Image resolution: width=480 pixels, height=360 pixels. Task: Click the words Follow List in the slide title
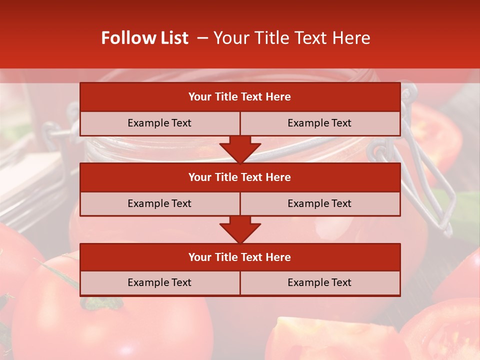pos(144,38)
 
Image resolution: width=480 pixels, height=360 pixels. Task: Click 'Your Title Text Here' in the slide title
pos(291,38)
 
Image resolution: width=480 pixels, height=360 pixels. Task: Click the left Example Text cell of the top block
pos(159,123)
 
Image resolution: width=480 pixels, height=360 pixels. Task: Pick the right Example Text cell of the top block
pos(320,123)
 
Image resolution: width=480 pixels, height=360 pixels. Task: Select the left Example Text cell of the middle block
pos(159,203)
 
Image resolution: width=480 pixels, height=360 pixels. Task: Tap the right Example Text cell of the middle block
pos(320,203)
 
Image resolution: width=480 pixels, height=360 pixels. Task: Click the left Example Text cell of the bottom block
pos(159,282)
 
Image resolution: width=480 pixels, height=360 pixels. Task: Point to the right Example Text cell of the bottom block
pos(320,282)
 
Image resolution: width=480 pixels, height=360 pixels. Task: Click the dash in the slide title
pos(202,38)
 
